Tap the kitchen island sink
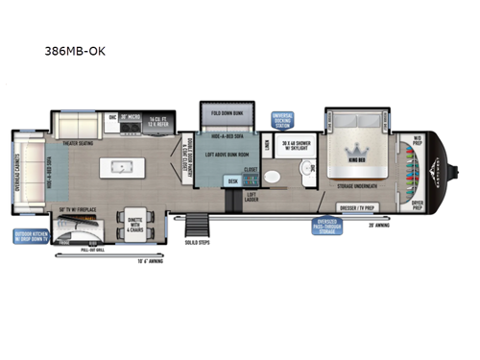coord(122,165)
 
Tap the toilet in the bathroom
coord(272,178)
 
